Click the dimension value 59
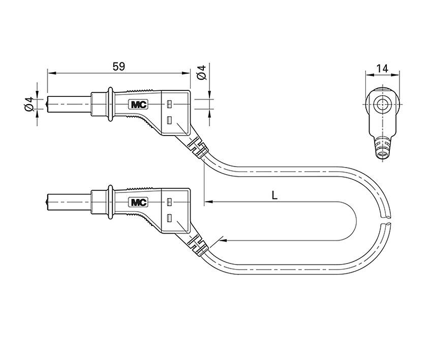click(x=118, y=67)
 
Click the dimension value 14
click(x=383, y=68)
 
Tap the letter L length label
click(x=274, y=194)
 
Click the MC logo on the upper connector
click(x=138, y=105)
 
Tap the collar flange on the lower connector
click(x=108, y=202)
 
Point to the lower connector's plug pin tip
click(x=48, y=202)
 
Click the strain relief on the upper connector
click(x=198, y=147)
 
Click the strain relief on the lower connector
click(x=198, y=245)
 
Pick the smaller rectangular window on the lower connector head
click(x=169, y=202)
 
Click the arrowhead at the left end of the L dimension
click(x=207, y=202)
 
